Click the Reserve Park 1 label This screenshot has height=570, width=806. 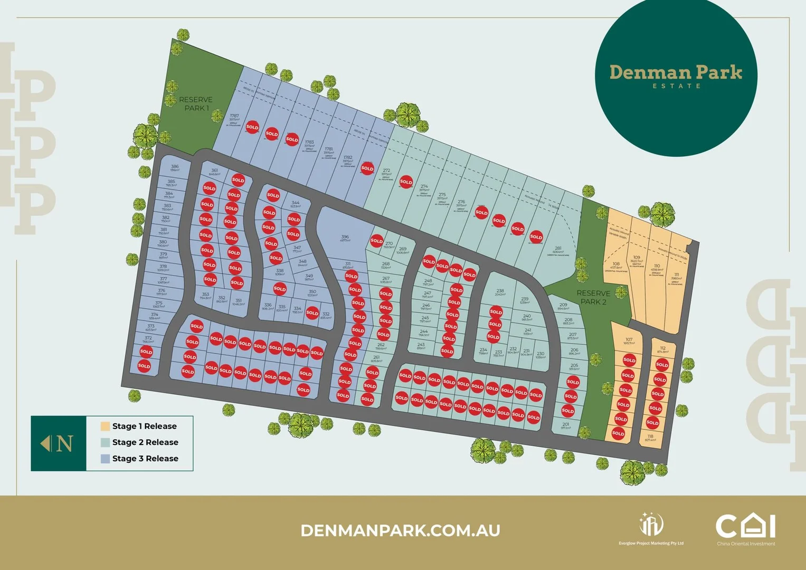point(196,103)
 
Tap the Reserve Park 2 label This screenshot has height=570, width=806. point(593,297)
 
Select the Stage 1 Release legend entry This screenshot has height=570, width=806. point(144,426)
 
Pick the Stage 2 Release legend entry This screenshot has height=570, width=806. point(145,442)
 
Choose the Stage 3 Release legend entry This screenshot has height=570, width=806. point(145,459)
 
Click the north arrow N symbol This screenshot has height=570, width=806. point(59,443)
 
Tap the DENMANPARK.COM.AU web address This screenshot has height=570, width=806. point(400,530)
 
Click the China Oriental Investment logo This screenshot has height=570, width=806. point(745,529)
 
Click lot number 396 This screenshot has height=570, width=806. point(345,238)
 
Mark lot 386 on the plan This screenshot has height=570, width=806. point(175,167)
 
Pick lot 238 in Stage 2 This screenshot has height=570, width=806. point(500,292)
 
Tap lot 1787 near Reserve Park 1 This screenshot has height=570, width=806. point(234,117)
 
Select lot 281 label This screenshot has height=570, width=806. point(558,249)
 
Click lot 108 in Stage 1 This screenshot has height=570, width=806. point(616,265)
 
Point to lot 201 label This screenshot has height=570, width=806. point(565,425)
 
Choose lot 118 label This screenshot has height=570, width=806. point(650,437)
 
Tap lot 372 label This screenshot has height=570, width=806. point(148,339)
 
